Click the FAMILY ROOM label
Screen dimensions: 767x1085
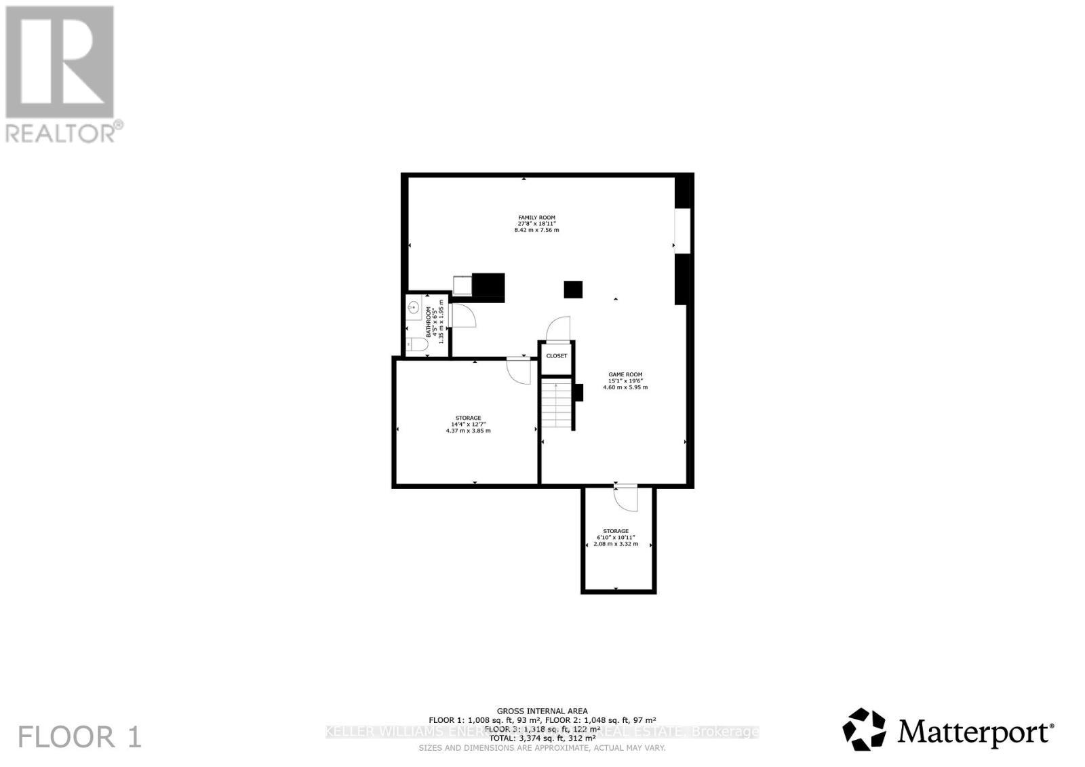pyautogui.click(x=536, y=218)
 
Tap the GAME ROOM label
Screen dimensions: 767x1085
pyautogui.click(x=625, y=374)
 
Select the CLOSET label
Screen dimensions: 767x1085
pyautogui.click(x=557, y=356)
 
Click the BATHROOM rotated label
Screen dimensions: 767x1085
pyautogui.click(x=429, y=322)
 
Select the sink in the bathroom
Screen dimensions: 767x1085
pyautogui.click(x=413, y=308)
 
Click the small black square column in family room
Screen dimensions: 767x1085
pyautogui.click(x=573, y=290)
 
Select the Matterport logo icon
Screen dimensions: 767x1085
pyautogui.click(x=864, y=730)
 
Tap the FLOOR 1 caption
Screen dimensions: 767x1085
pyautogui.click(x=80, y=737)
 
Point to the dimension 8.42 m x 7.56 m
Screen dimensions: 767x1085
pyautogui.click(x=536, y=230)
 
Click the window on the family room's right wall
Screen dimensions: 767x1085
pyautogui.click(x=682, y=231)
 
